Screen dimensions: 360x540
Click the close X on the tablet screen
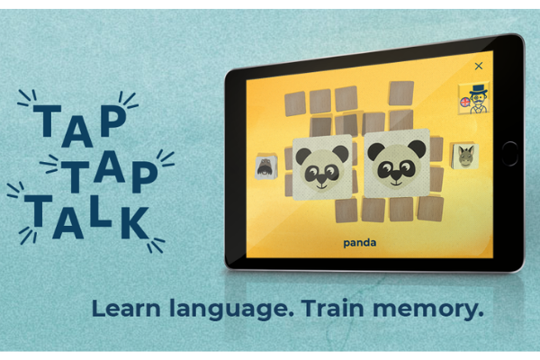478,66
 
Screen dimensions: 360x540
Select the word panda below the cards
359,242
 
